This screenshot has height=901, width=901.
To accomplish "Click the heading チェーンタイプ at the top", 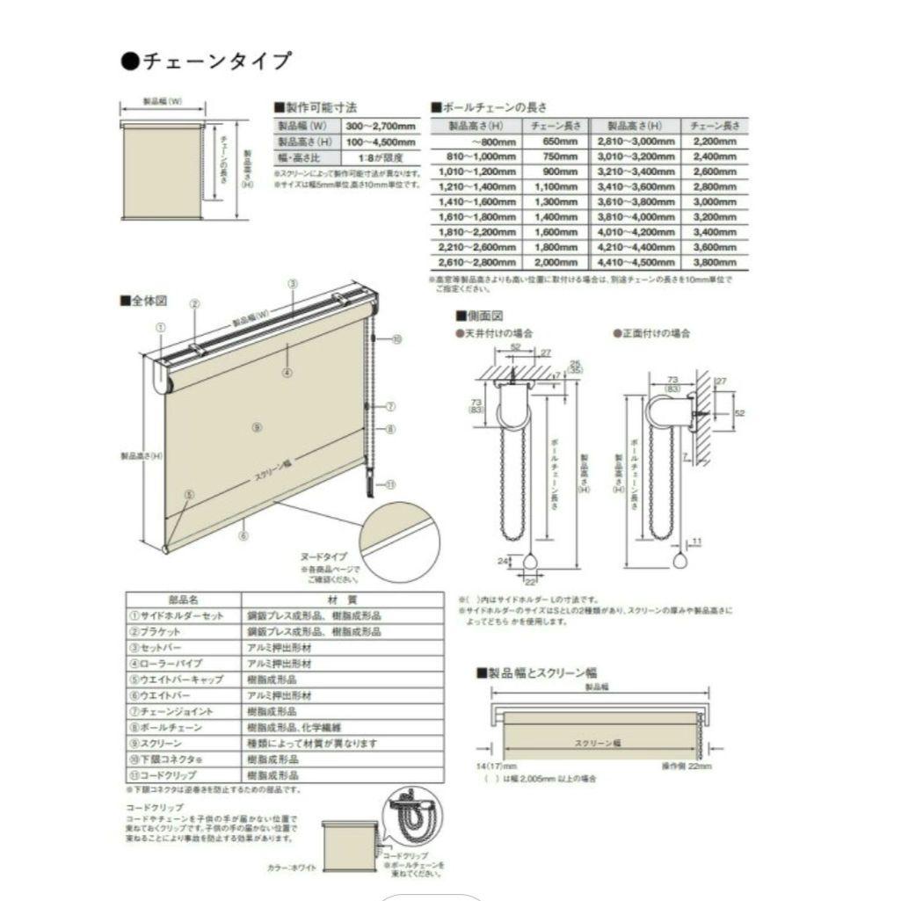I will pos(212,61).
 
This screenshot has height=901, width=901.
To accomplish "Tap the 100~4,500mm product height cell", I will pos(373,142).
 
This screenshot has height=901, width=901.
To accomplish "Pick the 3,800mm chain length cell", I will pos(715,262).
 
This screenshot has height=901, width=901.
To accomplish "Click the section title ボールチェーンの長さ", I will pos(493,106).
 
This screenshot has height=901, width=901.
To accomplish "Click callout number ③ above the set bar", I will pos(293,283).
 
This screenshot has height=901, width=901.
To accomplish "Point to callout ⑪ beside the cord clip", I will pos(391,483).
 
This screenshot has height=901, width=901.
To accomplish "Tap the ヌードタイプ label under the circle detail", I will pos(325,556).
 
